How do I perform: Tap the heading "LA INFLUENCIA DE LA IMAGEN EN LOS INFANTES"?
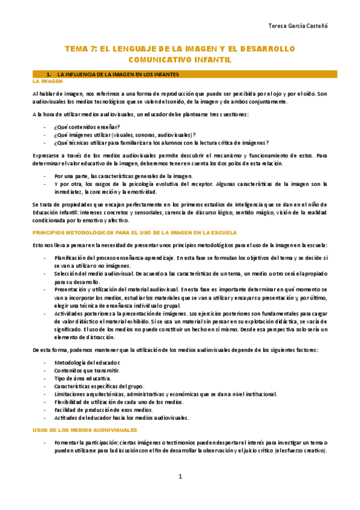[x=124, y=73]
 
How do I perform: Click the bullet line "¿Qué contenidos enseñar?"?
[x=87, y=127]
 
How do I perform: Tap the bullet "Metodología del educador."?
[x=87, y=362]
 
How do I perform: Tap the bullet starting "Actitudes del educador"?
[x=121, y=417]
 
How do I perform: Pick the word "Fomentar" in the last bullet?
[x=67, y=443]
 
